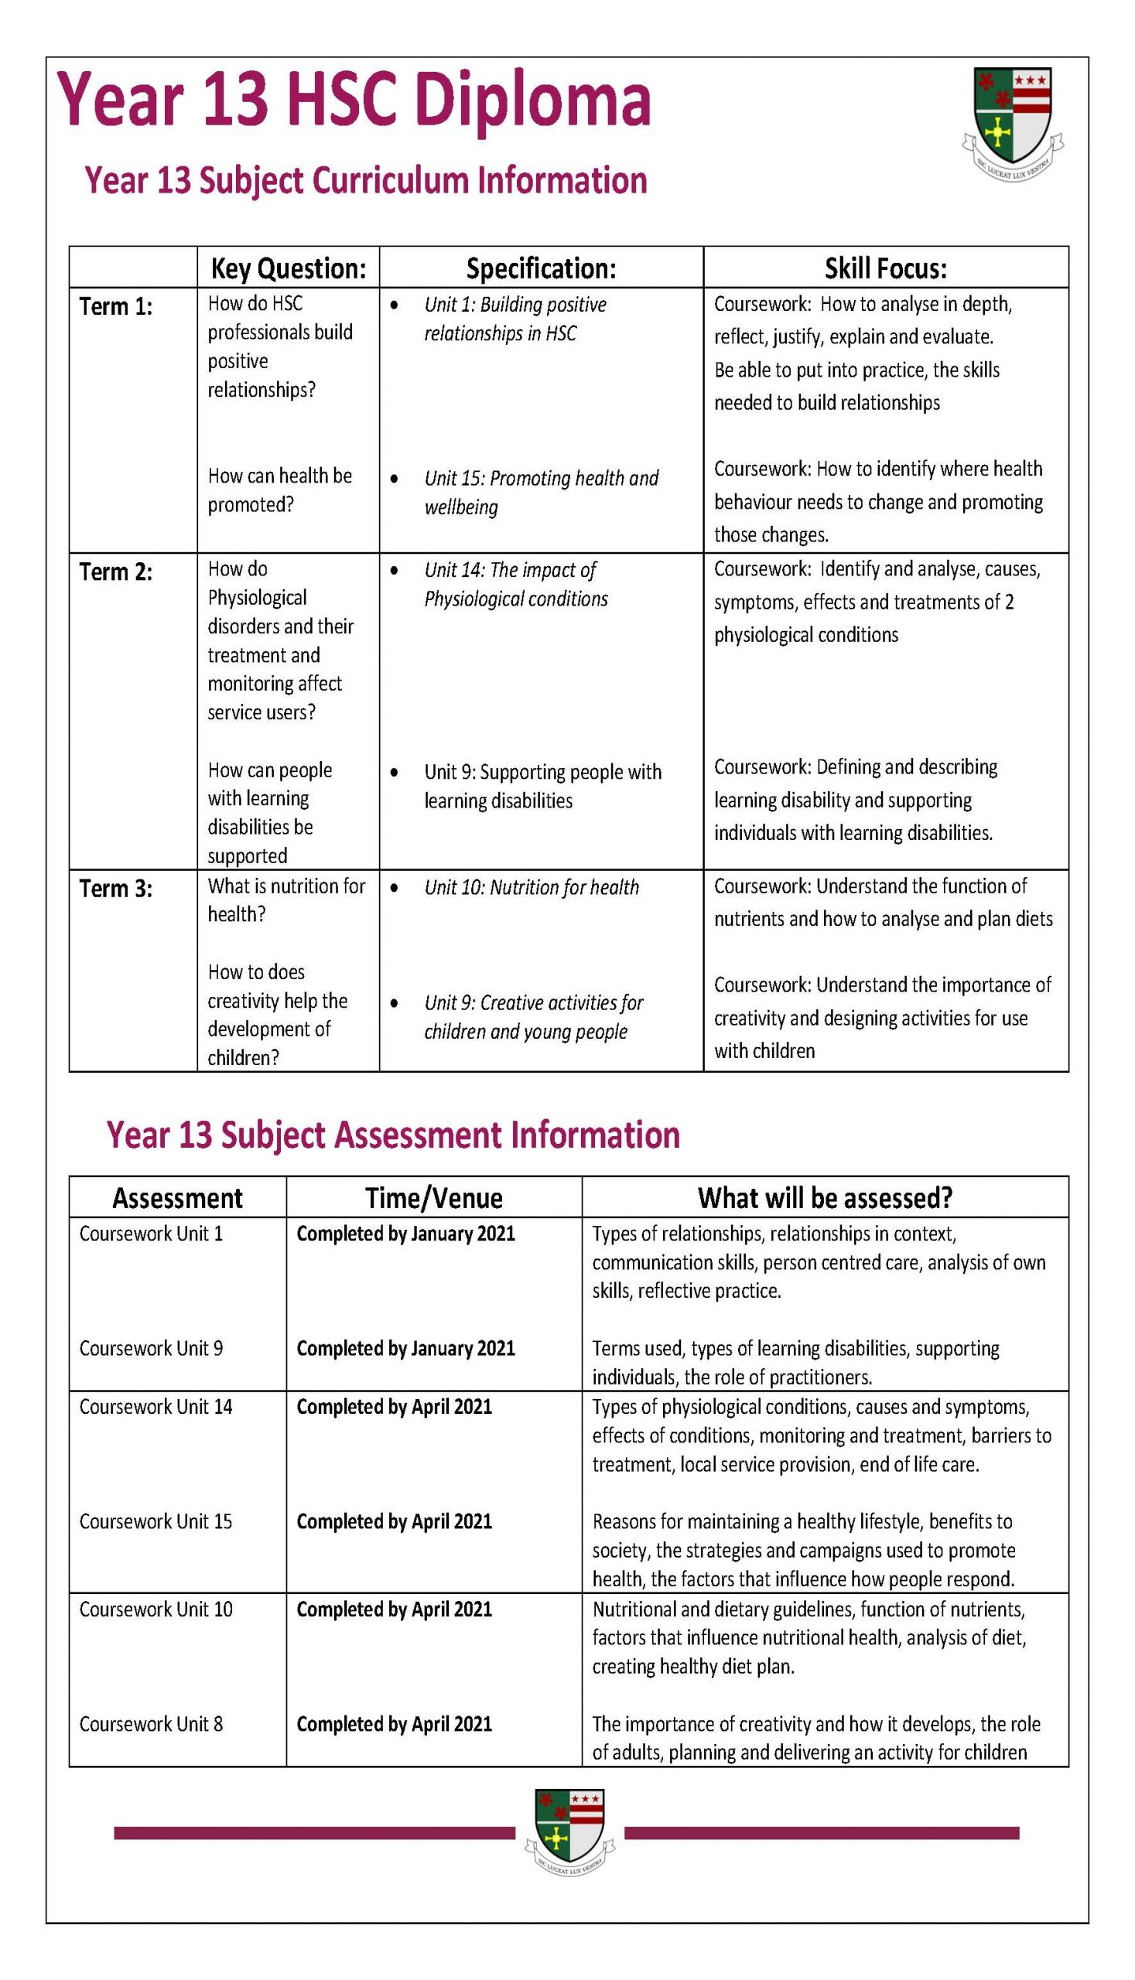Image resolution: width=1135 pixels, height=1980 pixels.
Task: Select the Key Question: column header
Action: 288,269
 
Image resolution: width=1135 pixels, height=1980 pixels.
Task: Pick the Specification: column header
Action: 541,269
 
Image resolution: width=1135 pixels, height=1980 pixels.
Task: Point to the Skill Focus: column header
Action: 886,269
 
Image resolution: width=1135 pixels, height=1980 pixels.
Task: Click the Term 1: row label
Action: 116,307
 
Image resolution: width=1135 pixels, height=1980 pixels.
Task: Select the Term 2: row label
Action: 116,572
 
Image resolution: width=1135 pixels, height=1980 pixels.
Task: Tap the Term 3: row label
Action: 116,889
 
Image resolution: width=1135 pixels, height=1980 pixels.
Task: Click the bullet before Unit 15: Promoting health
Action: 396,479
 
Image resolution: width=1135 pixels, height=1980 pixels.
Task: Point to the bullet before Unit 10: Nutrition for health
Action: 396,888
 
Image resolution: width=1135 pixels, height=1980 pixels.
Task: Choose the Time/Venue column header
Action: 433,1197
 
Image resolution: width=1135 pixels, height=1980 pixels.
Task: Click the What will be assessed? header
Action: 825,1197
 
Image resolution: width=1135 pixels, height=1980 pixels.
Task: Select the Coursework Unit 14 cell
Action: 156,1406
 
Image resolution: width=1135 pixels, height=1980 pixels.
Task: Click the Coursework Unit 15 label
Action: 156,1521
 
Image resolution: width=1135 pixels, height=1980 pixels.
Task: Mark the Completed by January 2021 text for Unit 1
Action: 405,1234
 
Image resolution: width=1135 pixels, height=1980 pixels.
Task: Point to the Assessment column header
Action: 177,1197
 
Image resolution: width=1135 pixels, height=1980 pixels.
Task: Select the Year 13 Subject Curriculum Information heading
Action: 366,180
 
